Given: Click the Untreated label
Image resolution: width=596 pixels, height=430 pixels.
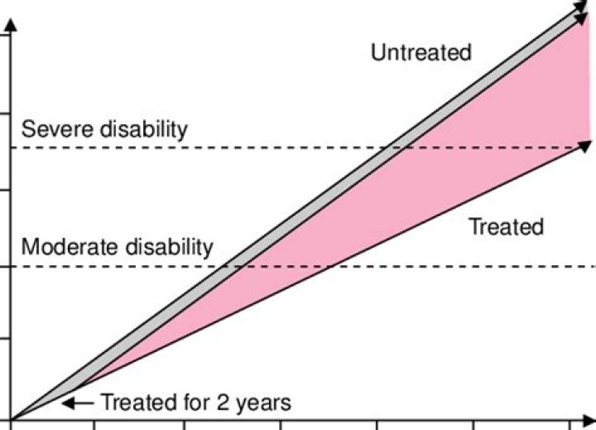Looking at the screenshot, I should pos(421,53).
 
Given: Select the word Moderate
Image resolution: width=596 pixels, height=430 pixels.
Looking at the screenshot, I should pos(67,247).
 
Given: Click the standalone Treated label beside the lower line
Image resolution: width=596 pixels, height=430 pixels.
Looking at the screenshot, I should pos(506,226).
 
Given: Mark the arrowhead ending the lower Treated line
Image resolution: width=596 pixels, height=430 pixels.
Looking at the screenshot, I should pos(586,146).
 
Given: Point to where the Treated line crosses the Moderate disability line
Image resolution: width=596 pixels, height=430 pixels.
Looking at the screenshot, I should pos(329,267).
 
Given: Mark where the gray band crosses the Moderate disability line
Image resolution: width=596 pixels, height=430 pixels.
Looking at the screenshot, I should pos(233,267).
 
